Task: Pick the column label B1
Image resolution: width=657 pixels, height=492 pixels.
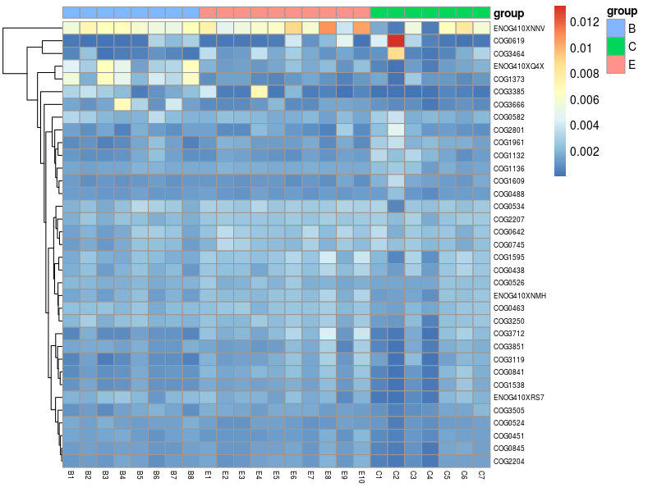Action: click(x=71, y=476)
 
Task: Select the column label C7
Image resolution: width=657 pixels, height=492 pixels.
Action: click(x=482, y=476)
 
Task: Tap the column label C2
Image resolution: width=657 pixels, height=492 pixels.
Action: click(x=397, y=476)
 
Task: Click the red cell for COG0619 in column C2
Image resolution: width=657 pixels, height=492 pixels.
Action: click(x=397, y=40)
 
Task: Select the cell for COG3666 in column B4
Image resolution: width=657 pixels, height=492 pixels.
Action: click(x=122, y=104)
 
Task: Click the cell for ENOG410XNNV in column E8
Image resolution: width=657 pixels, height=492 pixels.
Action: click(x=328, y=27)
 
